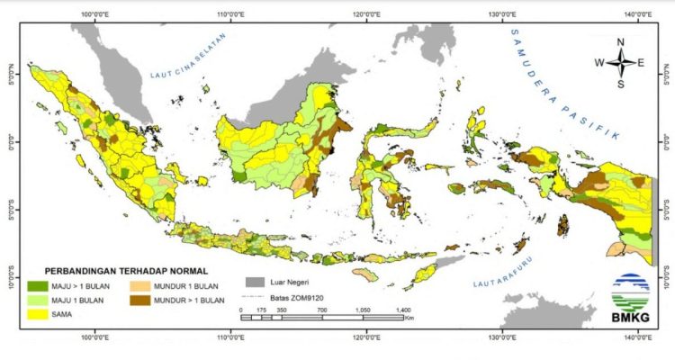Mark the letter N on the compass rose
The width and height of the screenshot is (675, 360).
[620, 42]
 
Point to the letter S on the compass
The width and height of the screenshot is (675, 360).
[620, 84]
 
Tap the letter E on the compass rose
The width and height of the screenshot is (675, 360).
[641, 63]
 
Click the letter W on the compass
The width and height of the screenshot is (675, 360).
[598, 63]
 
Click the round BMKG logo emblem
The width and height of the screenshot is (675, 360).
[631, 292]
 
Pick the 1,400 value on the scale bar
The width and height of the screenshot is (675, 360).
[401, 309]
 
